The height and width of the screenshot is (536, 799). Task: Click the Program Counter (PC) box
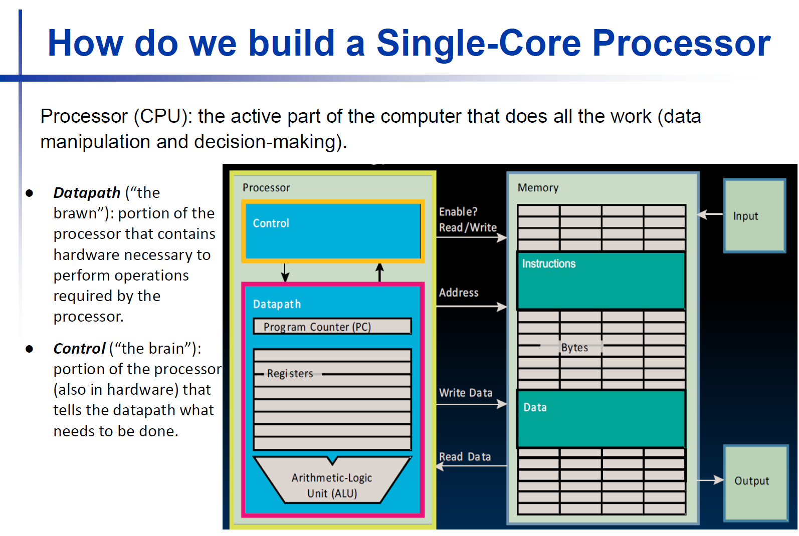(x=332, y=327)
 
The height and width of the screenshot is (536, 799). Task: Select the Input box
(x=754, y=216)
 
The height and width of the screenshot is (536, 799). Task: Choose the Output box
(x=755, y=481)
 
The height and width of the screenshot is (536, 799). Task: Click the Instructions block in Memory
(x=601, y=281)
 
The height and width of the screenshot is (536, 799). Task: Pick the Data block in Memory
(x=601, y=419)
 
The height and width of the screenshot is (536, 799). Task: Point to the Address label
(x=459, y=293)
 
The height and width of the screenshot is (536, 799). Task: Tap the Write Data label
(x=466, y=393)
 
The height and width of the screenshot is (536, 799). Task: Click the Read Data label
(x=465, y=457)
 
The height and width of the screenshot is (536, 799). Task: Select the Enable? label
(x=458, y=212)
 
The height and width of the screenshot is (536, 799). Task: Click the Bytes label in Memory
(x=574, y=348)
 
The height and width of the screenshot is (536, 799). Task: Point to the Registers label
(x=290, y=374)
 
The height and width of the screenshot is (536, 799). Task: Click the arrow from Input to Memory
(x=710, y=214)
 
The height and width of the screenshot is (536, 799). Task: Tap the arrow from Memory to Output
(x=711, y=480)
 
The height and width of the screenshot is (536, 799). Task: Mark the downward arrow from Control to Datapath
(x=285, y=273)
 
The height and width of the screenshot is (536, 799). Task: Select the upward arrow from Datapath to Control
(x=380, y=273)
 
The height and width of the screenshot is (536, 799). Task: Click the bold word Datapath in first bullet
(x=87, y=193)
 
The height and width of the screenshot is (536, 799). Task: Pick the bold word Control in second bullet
(x=79, y=349)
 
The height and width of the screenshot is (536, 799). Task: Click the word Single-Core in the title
(x=479, y=43)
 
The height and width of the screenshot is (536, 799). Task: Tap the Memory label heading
(x=538, y=188)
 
